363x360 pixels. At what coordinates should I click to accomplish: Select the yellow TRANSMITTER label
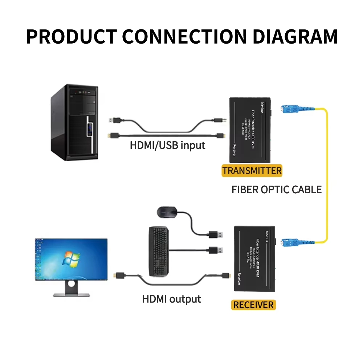(252, 171)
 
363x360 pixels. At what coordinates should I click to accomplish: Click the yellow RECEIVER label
(253, 304)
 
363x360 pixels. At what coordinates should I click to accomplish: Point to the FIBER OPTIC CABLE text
(277, 190)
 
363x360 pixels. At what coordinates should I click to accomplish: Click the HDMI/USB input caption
(167, 146)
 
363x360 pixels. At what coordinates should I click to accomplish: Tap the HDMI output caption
(171, 299)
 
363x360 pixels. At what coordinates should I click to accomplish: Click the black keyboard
(159, 250)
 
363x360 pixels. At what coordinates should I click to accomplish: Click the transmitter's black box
(250, 130)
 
